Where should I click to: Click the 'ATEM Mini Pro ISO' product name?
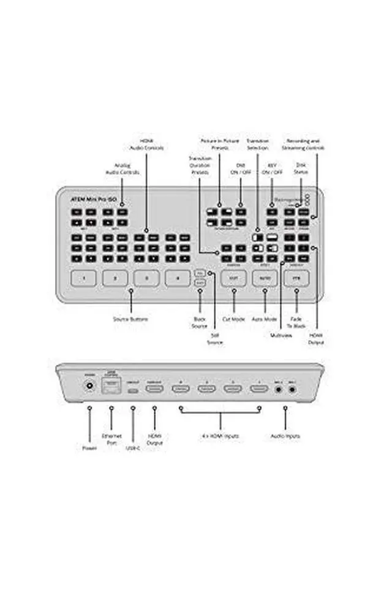(90, 199)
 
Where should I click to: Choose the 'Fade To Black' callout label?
(296, 323)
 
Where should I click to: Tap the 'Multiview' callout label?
(280, 335)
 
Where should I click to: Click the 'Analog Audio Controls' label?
(123, 169)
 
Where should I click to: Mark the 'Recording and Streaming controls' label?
(304, 144)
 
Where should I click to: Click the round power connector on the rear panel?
(90, 387)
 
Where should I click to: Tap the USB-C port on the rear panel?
(133, 389)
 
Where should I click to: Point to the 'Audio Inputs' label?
(285, 436)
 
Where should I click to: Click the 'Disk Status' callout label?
(300, 169)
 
